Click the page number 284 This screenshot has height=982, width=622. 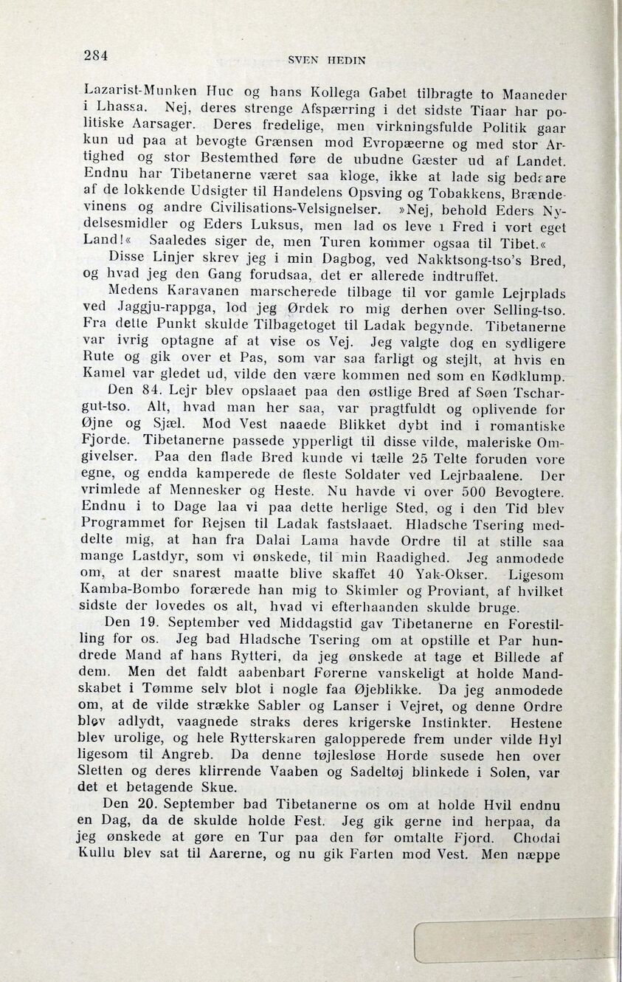96,55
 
